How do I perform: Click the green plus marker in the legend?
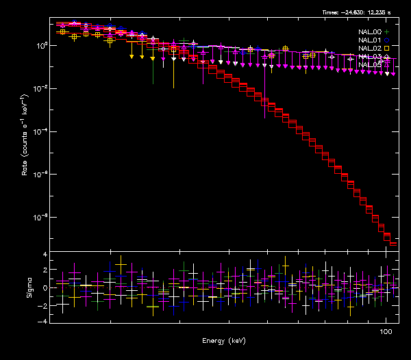click(x=387, y=32)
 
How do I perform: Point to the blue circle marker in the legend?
click(x=387, y=40)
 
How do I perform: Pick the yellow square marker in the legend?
click(x=387, y=49)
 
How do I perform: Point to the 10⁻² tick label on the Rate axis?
click(x=39, y=89)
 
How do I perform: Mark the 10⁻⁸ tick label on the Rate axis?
click(x=39, y=218)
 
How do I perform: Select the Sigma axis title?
click(x=29, y=287)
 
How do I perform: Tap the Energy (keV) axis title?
click(x=224, y=340)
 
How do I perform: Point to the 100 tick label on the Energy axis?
click(x=386, y=331)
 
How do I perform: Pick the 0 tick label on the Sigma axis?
click(x=45, y=287)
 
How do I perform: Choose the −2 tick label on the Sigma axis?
click(x=42, y=304)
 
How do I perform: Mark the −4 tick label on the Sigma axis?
click(x=42, y=320)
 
